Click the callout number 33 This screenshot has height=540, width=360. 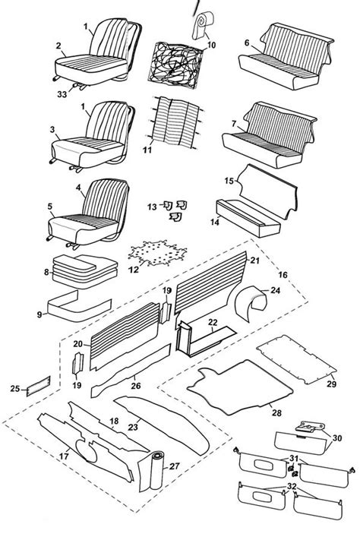(62, 93)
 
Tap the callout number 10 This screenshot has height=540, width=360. (211, 45)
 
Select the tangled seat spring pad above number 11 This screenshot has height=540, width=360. (175, 66)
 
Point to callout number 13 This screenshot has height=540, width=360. (152, 207)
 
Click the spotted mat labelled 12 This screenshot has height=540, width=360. (158, 253)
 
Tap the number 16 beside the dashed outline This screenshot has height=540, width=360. (283, 274)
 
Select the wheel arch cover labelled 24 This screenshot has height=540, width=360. (251, 303)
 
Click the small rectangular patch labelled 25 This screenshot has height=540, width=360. (39, 386)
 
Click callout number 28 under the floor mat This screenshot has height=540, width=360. (276, 412)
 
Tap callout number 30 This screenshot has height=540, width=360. (336, 437)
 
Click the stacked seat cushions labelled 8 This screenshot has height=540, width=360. (85, 271)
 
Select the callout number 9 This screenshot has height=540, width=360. (39, 314)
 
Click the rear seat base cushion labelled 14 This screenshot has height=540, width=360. (248, 218)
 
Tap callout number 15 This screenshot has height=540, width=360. (229, 181)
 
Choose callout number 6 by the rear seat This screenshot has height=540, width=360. (247, 43)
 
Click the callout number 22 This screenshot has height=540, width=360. (213, 322)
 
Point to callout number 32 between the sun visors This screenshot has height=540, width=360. (292, 486)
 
